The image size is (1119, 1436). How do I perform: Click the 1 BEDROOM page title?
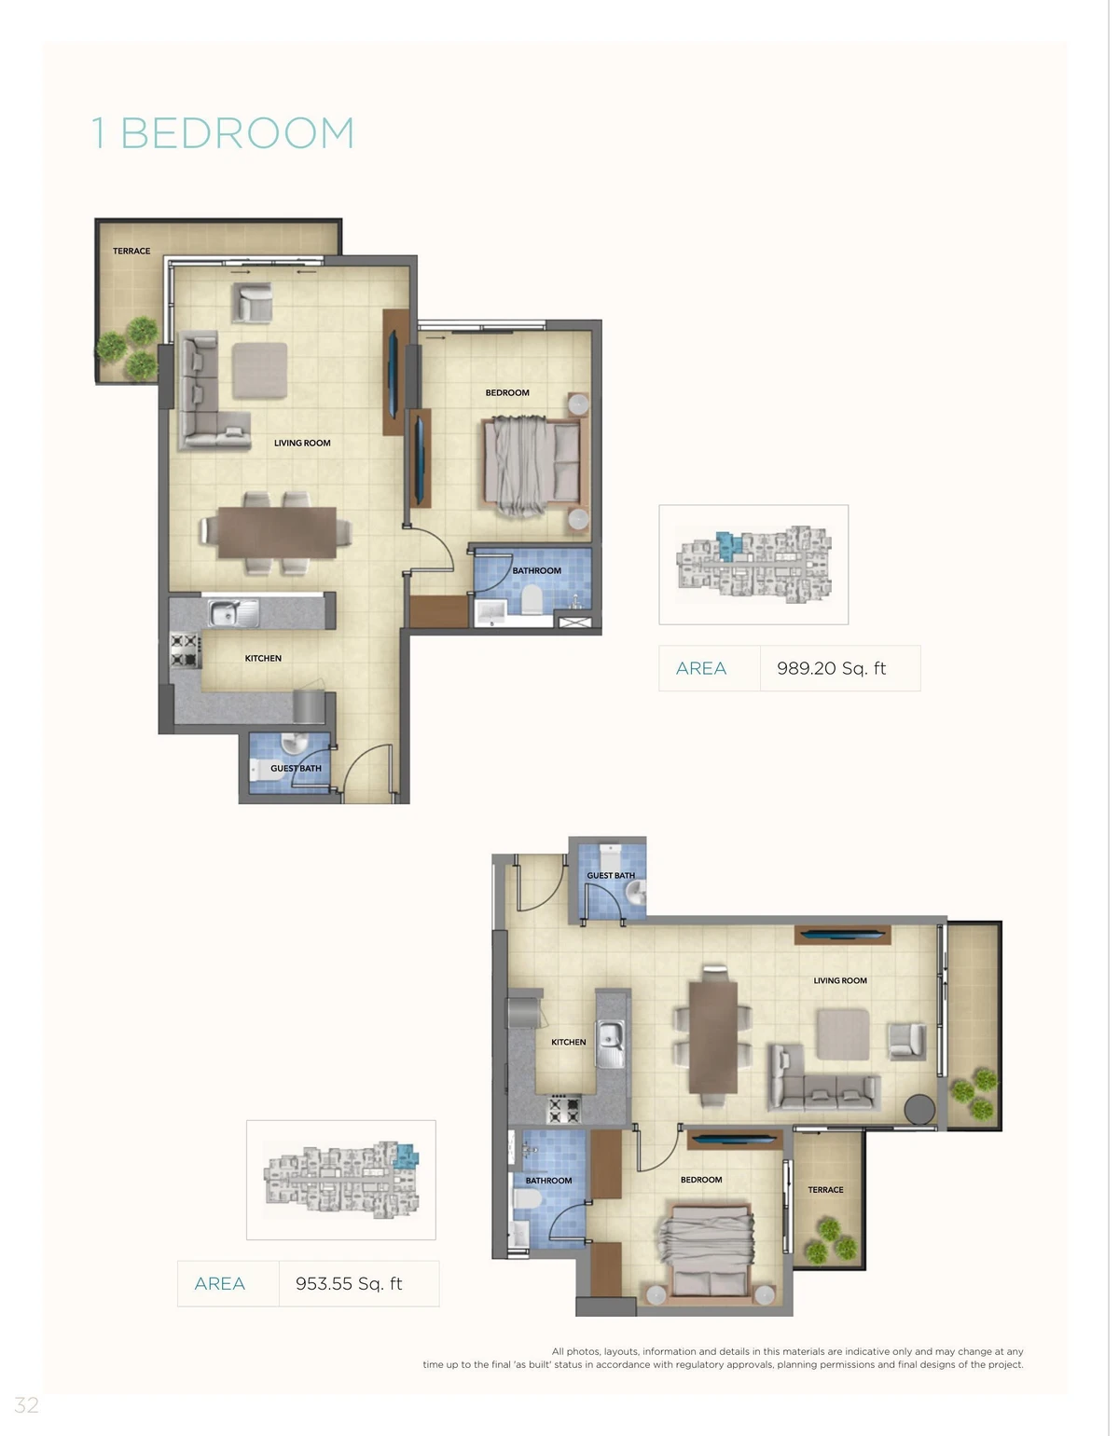click(x=223, y=133)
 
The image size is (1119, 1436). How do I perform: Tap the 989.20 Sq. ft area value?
click(x=831, y=668)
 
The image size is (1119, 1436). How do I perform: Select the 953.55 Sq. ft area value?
click(x=349, y=1283)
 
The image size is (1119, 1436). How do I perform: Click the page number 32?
click(x=26, y=1405)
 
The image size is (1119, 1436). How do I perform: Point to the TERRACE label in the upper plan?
click(x=131, y=251)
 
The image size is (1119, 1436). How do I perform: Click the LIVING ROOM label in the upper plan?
click(x=302, y=443)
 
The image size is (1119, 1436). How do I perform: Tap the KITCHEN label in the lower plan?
click(x=569, y=1042)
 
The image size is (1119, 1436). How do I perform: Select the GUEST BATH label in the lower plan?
click(x=611, y=876)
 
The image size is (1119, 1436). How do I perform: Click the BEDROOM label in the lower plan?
click(x=701, y=1180)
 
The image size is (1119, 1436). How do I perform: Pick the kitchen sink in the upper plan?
click(x=233, y=612)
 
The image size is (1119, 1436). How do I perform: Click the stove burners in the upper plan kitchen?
click(x=185, y=650)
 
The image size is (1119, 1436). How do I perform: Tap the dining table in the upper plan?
click(x=277, y=533)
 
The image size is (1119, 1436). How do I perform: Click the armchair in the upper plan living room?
click(x=252, y=303)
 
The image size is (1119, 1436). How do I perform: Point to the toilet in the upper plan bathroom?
click(x=532, y=598)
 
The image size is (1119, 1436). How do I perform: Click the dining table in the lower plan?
click(x=712, y=1037)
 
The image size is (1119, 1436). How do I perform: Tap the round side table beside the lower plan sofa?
click(x=919, y=1109)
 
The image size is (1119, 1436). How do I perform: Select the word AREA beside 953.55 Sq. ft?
click(x=219, y=1283)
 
